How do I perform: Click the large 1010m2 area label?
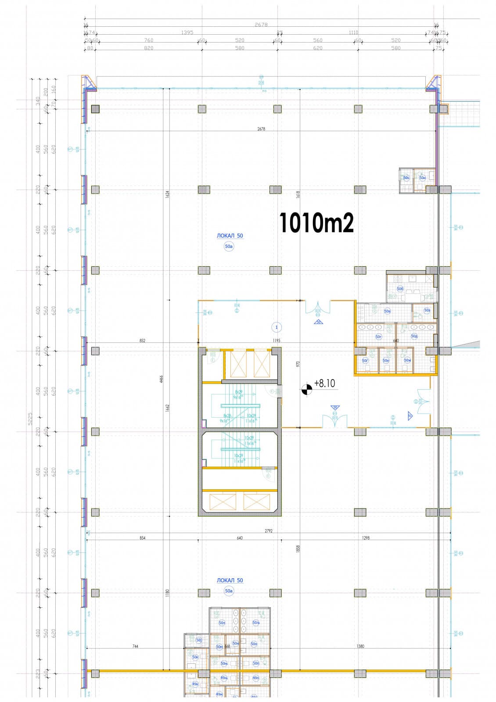(316, 223)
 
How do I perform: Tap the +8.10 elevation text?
(324, 383)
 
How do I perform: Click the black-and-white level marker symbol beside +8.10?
(306, 388)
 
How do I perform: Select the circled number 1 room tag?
(277, 327)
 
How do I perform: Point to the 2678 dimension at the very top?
(261, 25)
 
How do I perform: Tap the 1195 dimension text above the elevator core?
(277, 340)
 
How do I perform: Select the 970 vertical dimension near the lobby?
(298, 364)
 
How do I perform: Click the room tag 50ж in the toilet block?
(407, 361)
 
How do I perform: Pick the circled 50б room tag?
(400, 289)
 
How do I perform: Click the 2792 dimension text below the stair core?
(268, 531)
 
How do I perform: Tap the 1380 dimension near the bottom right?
(360, 646)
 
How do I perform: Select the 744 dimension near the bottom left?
(135, 646)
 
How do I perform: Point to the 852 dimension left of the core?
(142, 340)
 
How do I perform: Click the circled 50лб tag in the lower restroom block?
(256, 623)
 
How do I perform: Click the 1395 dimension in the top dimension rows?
(187, 32)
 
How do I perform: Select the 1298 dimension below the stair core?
(366, 537)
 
